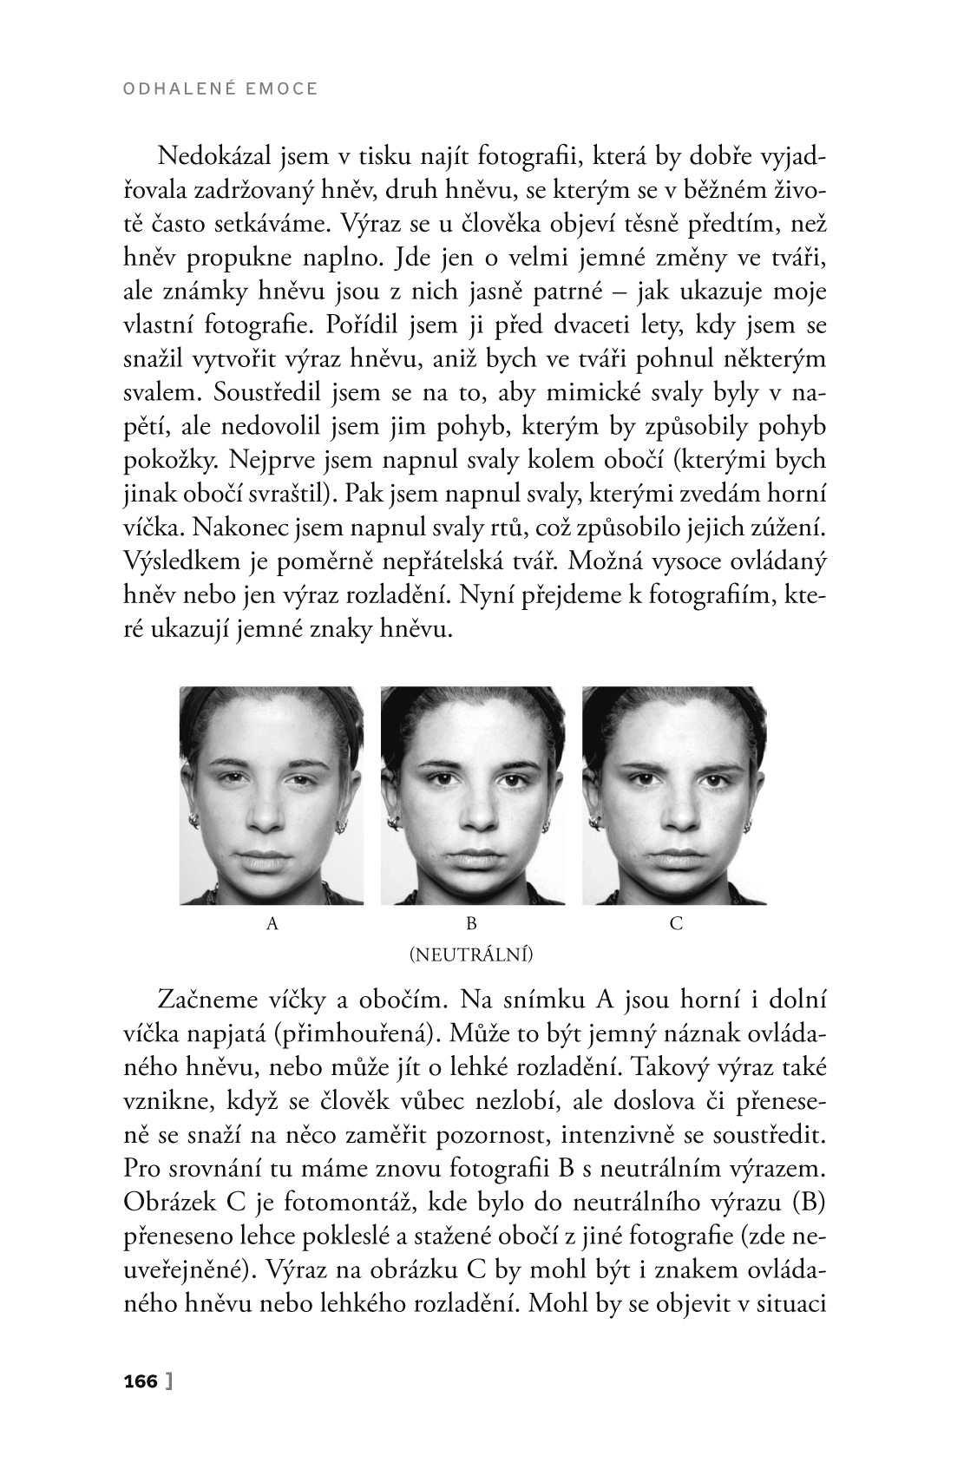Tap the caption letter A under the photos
tap(272, 924)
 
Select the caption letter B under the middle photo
tap(473, 924)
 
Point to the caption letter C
tap(677, 924)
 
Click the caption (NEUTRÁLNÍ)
tap(471, 956)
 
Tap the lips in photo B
tap(473, 862)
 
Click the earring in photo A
tap(194, 819)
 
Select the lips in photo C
tap(675, 861)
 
